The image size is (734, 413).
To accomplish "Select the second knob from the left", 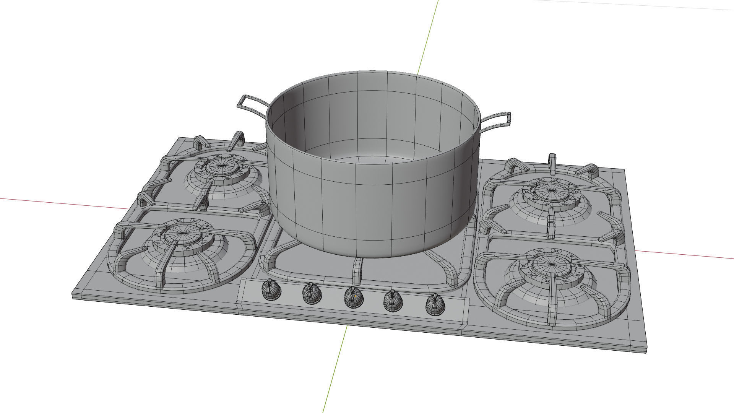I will point(312,294).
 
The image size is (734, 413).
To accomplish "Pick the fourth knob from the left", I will point(393,301).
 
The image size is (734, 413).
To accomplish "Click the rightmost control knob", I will point(435,305).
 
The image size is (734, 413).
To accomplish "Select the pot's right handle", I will point(497,121).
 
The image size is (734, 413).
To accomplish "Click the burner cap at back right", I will point(551,191).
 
